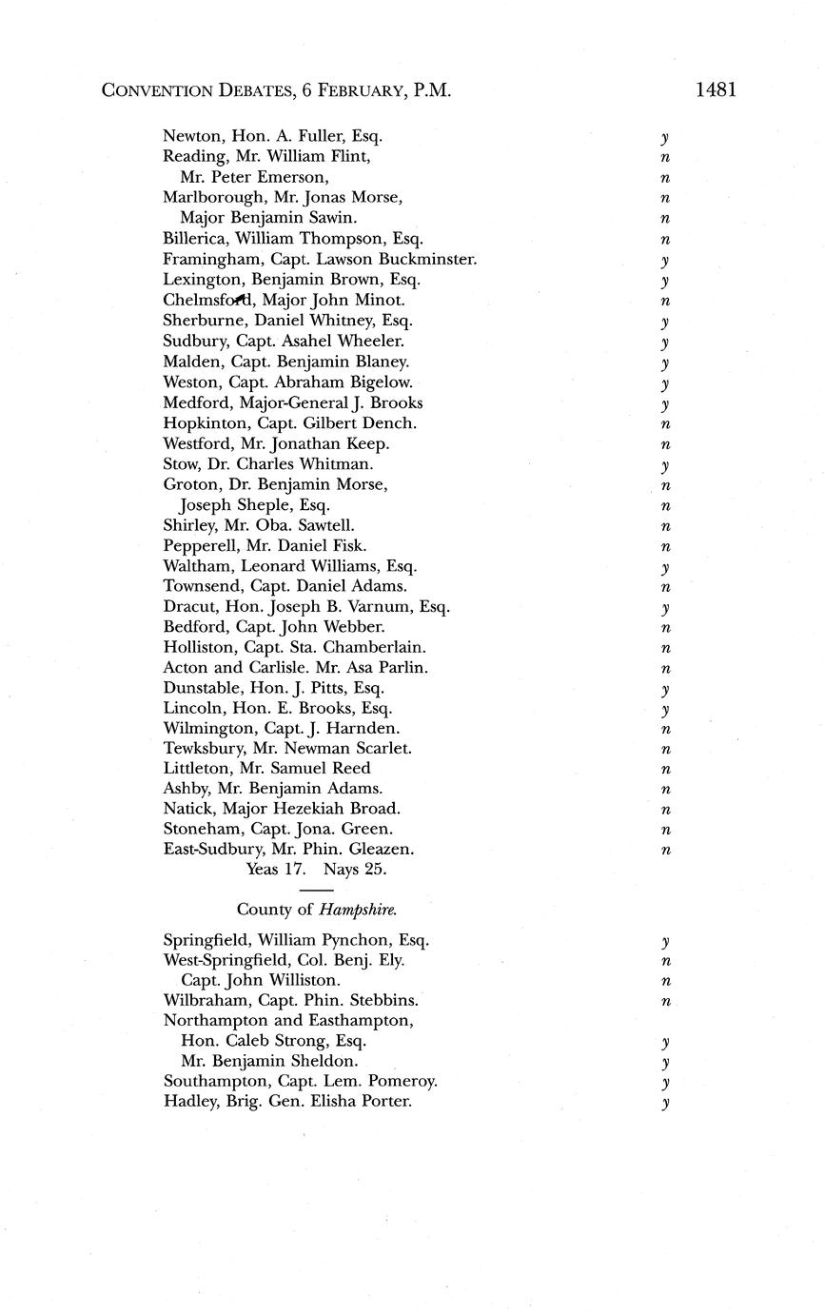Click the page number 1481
click(x=716, y=90)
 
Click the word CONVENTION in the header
click(x=158, y=91)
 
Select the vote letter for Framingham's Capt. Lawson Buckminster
click(x=666, y=260)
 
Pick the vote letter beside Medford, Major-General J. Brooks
click(x=666, y=404)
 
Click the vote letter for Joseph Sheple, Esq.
click(x=666, y=506)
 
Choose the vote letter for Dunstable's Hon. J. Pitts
click(x=666, y=689)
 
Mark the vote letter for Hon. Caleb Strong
click(x=666, y=1043)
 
